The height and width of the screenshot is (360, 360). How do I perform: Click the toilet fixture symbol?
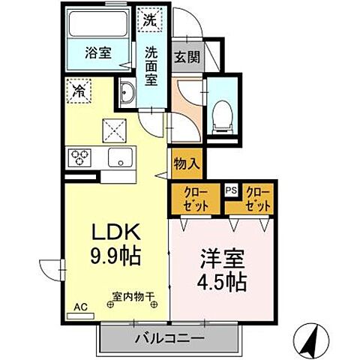click(x=223, y=112)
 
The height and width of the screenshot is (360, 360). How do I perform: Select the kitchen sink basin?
click(x=119, y=157)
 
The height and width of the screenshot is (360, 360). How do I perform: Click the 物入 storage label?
click(x=185, y=162)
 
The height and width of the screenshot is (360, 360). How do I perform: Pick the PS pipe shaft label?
click(x=232, y=190)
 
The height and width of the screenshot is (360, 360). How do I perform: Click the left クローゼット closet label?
click(x=196, y=198)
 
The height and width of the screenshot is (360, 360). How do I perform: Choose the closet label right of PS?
click(x=257, y=198)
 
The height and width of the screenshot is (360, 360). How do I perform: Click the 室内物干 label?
click(x=133, y=298)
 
